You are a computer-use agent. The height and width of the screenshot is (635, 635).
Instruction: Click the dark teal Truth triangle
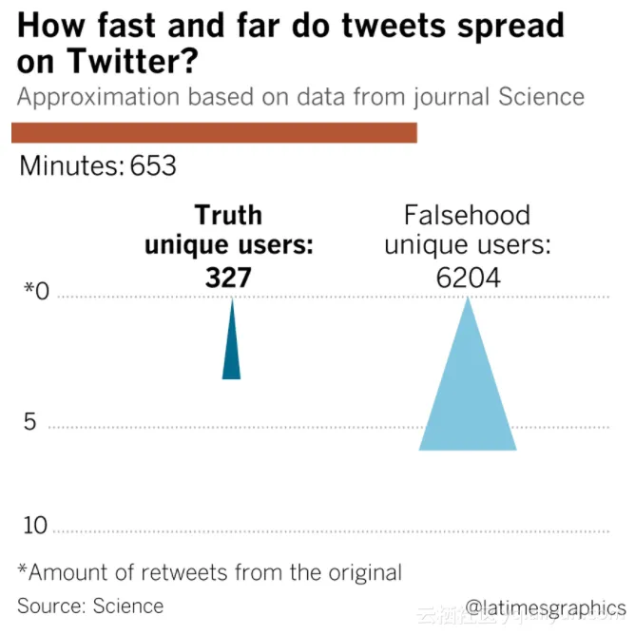[231, 352]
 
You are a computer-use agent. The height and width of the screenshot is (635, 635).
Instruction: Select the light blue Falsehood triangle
[468, 399]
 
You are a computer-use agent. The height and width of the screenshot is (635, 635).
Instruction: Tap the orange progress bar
[214, 132]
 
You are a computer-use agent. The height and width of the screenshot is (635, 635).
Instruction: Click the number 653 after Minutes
[154, 165]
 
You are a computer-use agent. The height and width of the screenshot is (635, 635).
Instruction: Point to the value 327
[228, 277]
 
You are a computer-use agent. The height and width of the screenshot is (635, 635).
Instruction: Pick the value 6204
[467, 277]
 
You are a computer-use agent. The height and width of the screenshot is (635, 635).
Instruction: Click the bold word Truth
[228, 215]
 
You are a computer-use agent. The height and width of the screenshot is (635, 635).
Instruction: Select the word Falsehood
[467, 215]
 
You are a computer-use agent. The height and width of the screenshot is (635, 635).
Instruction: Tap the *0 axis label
[35, 290]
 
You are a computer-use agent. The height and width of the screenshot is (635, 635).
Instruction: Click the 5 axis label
[29, 421]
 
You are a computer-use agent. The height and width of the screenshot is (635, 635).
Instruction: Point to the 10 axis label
[35, 526]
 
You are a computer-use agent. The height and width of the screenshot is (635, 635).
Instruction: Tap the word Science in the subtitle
[537, 97]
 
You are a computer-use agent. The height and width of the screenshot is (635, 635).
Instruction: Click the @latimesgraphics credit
[546, 607]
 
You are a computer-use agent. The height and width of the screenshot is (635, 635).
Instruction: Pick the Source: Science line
[90, 606]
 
